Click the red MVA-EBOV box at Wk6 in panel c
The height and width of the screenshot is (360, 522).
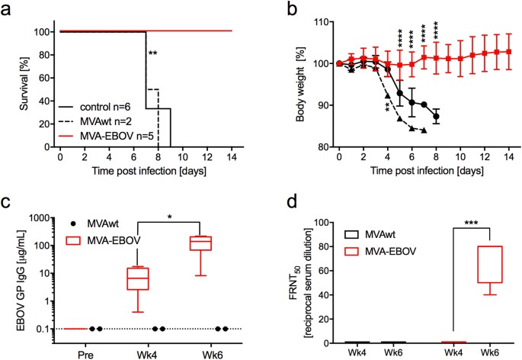(200, 243)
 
